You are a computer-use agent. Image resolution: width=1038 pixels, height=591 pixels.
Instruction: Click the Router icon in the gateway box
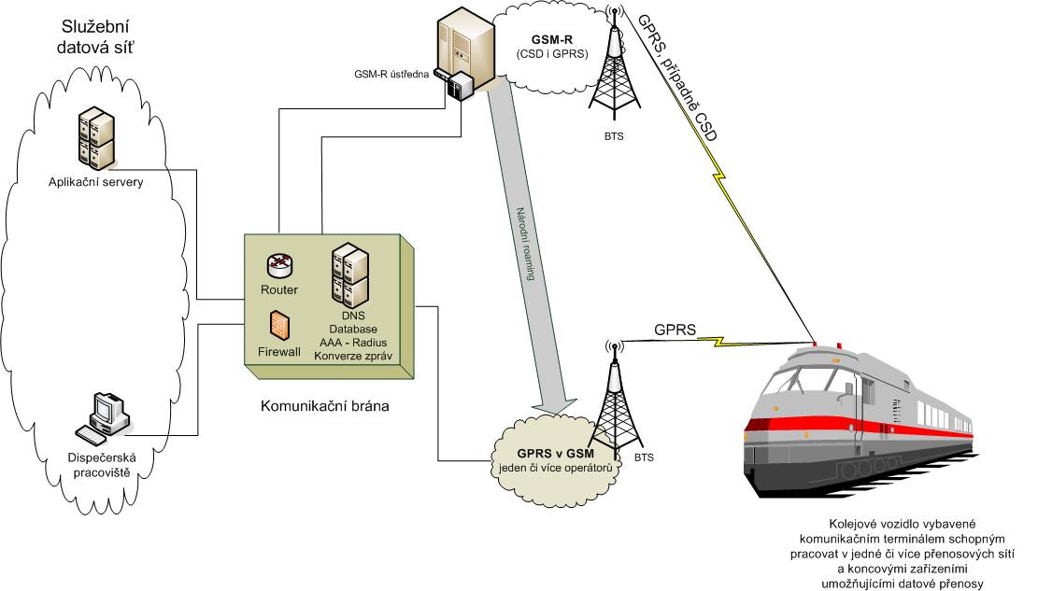pos(279,265)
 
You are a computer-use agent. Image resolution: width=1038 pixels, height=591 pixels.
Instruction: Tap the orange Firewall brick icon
pos(279,326)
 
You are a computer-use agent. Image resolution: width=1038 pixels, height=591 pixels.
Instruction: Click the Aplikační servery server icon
pos(96,139)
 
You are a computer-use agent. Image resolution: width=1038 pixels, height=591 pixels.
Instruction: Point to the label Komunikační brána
pos(324,406)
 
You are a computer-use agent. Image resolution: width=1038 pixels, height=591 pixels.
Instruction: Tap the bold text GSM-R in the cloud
pos(552,40)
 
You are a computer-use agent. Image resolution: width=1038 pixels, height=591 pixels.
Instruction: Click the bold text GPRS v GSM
pos(555,454)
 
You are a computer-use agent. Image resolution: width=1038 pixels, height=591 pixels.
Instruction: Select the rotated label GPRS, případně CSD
pos(677,77)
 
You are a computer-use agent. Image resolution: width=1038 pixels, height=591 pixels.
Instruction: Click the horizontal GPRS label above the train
pos(675,329)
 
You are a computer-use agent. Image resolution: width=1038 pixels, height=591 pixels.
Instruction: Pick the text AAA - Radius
pos(353,342)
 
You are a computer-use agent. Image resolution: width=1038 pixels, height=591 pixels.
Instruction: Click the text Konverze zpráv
pos(353,356)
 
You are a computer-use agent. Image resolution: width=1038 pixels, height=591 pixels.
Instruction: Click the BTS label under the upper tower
pos(614,136)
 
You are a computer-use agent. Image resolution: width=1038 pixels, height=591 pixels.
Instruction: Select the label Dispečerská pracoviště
pos(102,465)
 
